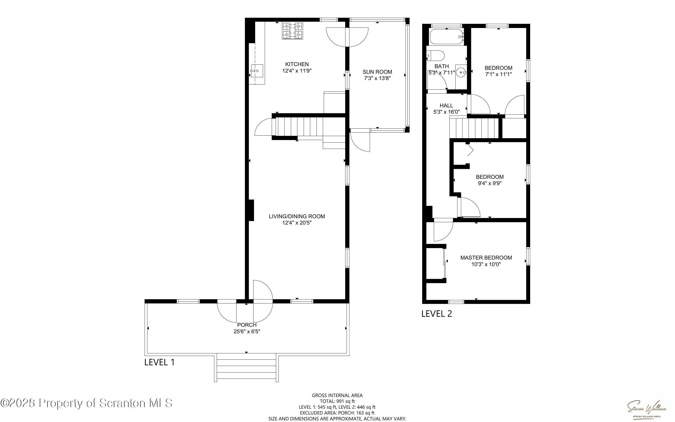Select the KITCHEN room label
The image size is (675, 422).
click(x=297, y=64)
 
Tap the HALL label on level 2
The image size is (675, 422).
click(x=446, y=105)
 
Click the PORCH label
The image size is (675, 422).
click(x=247, y=325)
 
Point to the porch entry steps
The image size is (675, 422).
click(x=247, y=368)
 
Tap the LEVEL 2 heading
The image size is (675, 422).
click(x=436, y=314)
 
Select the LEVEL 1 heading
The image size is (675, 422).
click(x=159, y=362)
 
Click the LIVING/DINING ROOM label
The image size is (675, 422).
click(x=297, y=216)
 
